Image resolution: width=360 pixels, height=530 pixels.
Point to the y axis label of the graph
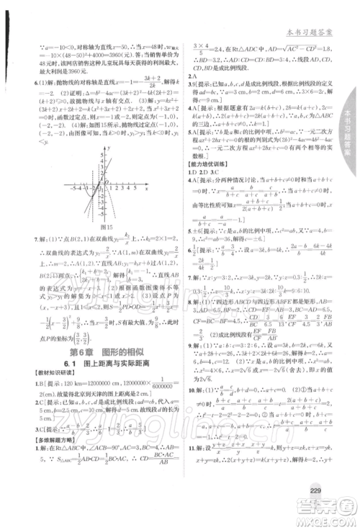(109, 146)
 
